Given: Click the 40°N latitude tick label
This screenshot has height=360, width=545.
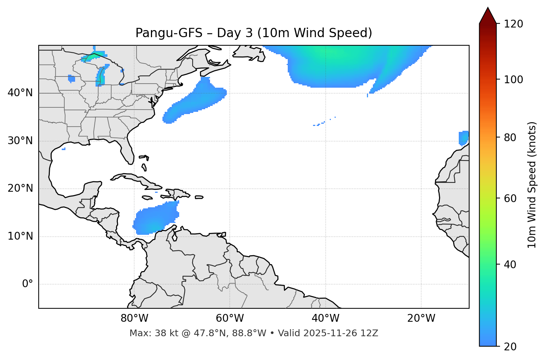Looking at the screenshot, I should click(x=20, y=93).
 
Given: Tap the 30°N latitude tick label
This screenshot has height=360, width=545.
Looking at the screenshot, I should click(x=20, y=141).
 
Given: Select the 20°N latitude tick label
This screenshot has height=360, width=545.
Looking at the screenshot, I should click(x=20, y=188).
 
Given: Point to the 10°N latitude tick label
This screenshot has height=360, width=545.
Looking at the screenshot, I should click(x=20, y=236).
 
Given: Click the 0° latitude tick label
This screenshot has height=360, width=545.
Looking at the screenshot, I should click(x=28, y=284).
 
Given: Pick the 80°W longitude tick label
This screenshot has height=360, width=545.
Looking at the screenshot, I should click(x=134, y=318).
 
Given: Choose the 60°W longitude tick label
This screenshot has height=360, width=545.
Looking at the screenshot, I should click(x=230, y=318).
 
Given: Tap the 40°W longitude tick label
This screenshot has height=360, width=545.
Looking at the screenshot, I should click(x=326, y=318).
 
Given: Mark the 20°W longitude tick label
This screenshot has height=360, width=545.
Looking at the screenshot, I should click(x=421, y=318).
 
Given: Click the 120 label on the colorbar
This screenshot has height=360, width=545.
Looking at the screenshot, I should click(x=513, y=24).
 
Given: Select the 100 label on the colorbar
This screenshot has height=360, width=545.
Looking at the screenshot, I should click(x=513, y=80).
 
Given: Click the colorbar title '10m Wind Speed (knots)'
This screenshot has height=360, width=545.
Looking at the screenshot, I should click(x=532, y=185).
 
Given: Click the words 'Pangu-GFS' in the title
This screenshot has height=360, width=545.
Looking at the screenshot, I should click(x=169, y=33).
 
